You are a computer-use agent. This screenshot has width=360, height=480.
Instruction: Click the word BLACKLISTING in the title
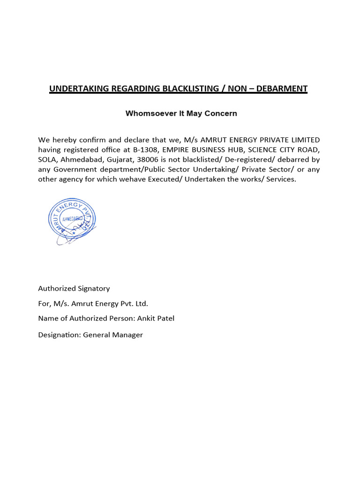click(188, 88)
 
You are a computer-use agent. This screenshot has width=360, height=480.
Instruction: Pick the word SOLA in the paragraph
click(46, 159)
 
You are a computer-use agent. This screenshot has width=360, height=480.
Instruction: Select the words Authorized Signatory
click(74, 288)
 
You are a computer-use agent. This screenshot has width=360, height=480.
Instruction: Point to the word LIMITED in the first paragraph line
click(305, 140)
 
